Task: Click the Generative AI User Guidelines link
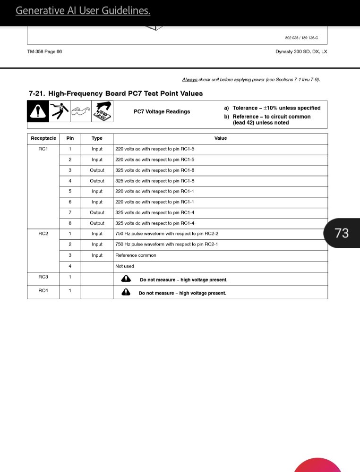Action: [83, 10]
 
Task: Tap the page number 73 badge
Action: [341, 233]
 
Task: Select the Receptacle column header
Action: [43, 138]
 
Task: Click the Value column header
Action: [220, 138]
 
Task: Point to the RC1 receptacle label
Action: [43, 149]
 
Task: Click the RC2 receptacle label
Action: [43, 234]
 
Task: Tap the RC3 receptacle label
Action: [43, 277]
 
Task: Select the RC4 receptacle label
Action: [43, 290]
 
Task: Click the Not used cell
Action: [125, 266]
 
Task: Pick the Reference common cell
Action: [136, 255]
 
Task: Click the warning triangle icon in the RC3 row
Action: [126, 279]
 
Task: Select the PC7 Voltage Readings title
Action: [162, 112]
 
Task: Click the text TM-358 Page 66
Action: [45, 52]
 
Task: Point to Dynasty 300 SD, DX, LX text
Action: [301, 52]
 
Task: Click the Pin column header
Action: [70, 138]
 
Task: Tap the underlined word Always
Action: [190, 80]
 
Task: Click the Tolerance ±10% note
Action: [276, 108]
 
